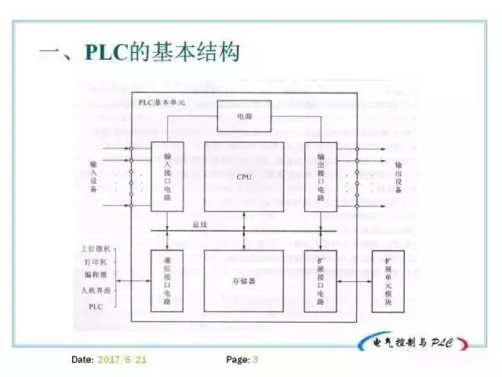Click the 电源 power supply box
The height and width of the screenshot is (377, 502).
tap(244, 115)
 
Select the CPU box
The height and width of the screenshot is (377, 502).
tap(244, 178)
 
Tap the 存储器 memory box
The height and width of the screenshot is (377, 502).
tap(244, 280)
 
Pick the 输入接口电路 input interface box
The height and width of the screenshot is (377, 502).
tap(168, 178)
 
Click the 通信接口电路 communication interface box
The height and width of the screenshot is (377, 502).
tap(168, 280)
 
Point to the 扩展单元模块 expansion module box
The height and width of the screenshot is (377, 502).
tap(389, 280)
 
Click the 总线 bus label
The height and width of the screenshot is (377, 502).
tap(202, 225)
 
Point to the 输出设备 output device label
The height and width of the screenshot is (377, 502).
tap(398, 178)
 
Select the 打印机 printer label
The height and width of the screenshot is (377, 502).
tap(100, 261)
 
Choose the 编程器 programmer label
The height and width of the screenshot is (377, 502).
tap(100, 276)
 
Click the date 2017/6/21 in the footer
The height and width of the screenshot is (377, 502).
tap(122, 360)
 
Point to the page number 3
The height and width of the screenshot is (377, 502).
tap(255, 360)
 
